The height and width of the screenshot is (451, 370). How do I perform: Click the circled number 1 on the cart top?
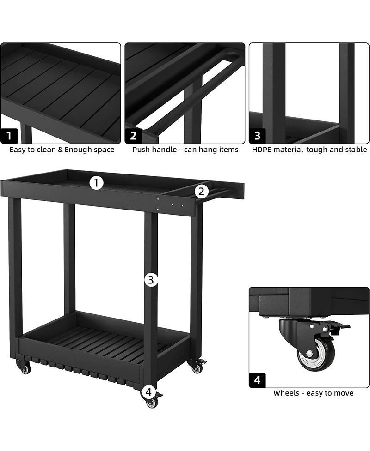click(x=96, y=183)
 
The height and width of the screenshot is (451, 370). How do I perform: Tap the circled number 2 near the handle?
click(x=201, y=191)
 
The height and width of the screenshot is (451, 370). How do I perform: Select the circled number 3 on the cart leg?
click(x=151, y=280)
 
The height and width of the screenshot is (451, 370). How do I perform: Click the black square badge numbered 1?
click(x=9, y=136)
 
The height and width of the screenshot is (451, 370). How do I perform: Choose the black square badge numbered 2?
click(x=133, y=136)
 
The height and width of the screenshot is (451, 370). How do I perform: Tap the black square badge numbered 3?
click(x=258, y=136)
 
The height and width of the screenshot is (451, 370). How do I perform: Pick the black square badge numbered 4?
click(x=258, y=380)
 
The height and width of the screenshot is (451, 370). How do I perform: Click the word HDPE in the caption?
click(x=262, y=150)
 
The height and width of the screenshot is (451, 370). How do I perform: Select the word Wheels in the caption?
click(x=285, y=393)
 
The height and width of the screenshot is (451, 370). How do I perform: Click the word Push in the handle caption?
click(x=141, y=150)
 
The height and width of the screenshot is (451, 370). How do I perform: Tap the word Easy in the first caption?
click(x=18, y=150)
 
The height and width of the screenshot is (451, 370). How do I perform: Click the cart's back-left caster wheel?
click(x=25, y=369)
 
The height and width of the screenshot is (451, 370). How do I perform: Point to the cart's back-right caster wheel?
click(x=197, y=368)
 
